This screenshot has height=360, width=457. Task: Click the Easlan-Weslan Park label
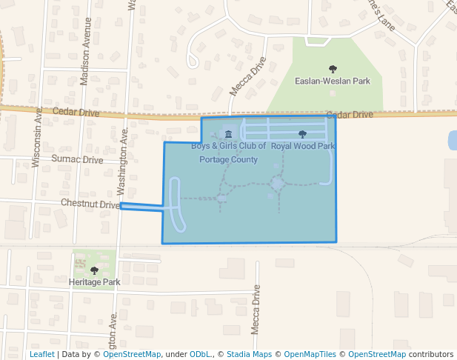pos(332,81)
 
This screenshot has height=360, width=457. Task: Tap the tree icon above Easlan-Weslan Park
pos(332,69)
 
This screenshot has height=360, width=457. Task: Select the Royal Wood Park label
pos(303,146)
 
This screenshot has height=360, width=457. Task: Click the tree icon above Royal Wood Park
pos(302,134)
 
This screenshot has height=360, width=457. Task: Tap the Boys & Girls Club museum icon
pos(228,134)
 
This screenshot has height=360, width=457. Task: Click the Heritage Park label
pos(94,282)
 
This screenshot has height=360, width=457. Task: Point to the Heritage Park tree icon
pos(94,271)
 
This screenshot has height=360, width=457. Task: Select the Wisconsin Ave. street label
pos(37,137)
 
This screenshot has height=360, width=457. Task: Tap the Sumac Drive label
pos(77,159)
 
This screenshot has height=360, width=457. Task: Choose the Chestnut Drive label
pos(90,203)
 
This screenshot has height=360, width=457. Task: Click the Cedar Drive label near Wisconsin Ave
pos(76,112)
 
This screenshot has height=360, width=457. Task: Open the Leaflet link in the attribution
pos(41,354)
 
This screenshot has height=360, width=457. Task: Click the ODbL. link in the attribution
pos(201,354)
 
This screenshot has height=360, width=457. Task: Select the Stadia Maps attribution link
pos(249,354)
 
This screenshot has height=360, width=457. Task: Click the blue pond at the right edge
pos(453,140)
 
